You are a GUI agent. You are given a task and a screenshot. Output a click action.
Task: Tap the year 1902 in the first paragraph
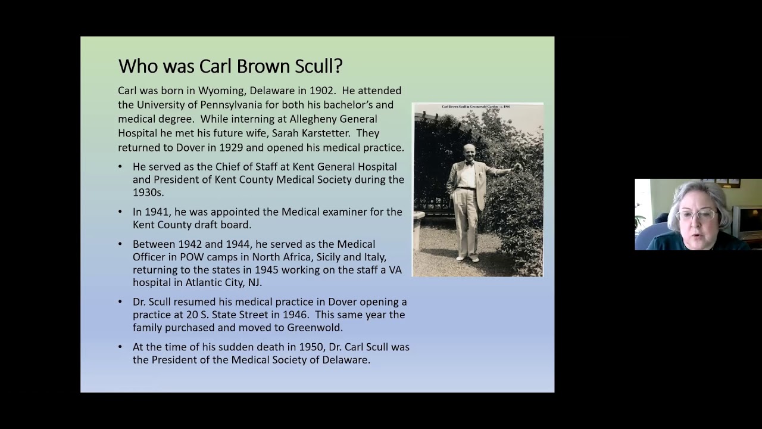click(x=322, y=91)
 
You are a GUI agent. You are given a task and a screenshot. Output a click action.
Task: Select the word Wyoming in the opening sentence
click(x=223, y=91)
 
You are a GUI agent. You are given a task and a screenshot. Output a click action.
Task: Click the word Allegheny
click(x=314, y=119)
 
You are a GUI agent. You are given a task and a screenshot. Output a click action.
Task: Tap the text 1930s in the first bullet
click(x=147, y=192)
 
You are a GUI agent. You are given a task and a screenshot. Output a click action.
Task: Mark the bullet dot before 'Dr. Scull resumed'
click(x=120, y=302)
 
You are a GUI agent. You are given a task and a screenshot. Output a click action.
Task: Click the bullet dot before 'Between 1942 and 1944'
click(x=120, y=244)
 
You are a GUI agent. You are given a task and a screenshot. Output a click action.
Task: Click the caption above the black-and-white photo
click(x=476, y=107)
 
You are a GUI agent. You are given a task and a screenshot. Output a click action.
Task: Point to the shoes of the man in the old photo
click(x=467, y=258)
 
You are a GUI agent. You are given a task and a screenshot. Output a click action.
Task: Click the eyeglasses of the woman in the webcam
click(x=697, y=214)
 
